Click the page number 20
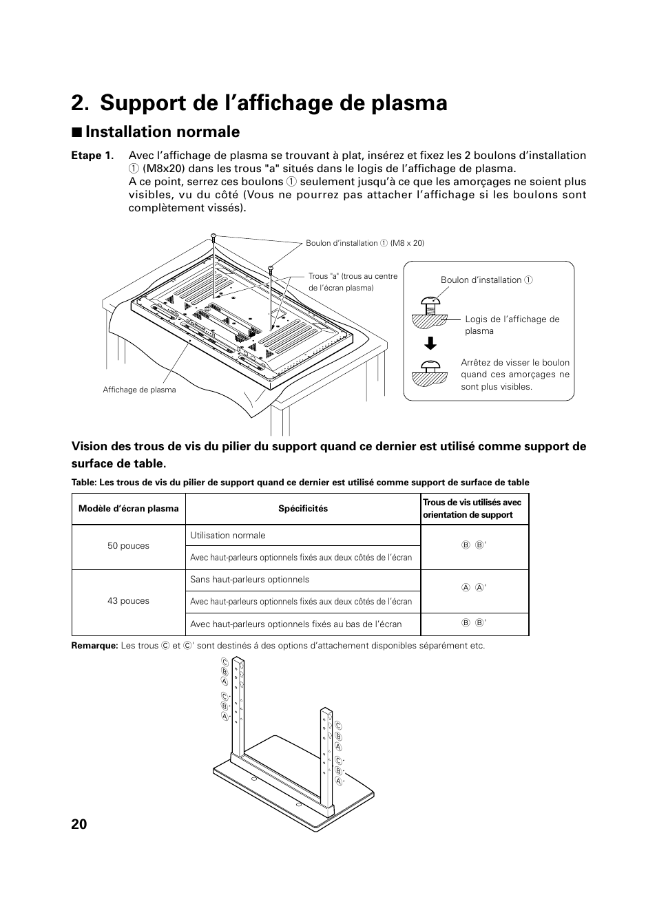click(x=79, y=824)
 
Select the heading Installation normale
click(x=163, y=131)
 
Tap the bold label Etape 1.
click(x=92, y=156)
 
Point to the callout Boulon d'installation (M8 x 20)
click(x=365, y=243)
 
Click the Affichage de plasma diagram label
click(x=139, y=390)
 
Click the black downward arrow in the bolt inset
click(x=430, y=344)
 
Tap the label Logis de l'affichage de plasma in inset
click(x=512, y=324)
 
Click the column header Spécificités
click(x=303, y=509)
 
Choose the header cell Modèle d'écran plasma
click(x=129, y=509)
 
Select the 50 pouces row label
click(x=128, y=546)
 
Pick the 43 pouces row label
click(x=128, y=601)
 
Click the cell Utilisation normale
click(x=227, y=536)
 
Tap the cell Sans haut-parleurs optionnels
click(x=249, y=580)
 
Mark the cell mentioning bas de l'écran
click(x=295, y=624)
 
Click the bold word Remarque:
click(x=94, y=646)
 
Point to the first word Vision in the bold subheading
click(x=90, y=446)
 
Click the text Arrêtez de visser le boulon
click(x=515, y=363)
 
